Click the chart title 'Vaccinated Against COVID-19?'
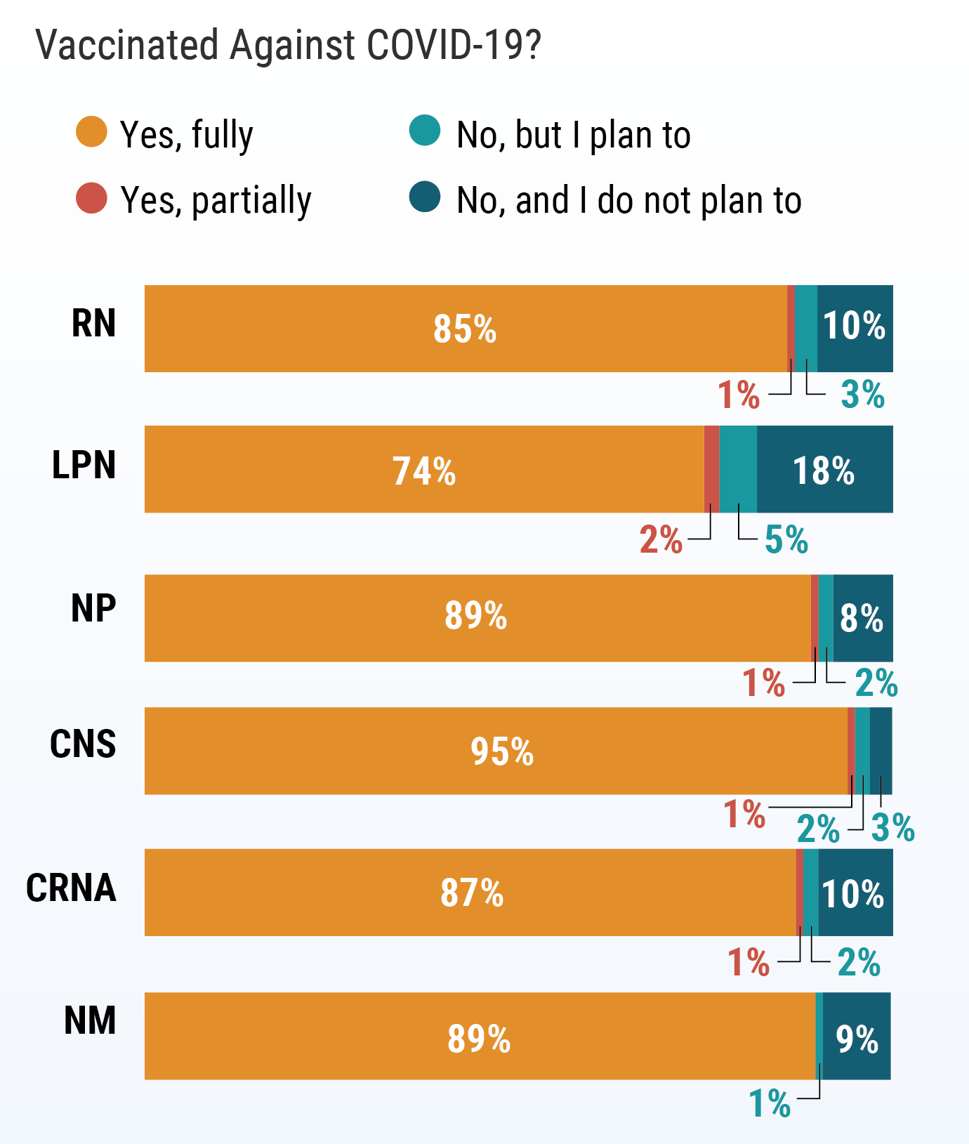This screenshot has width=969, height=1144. click(x=288, y=45)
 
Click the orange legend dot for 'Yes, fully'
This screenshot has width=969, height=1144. click(x=91, y=132)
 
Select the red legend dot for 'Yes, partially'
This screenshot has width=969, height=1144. click(x=91, y=198)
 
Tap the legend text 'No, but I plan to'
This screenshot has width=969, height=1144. click(x=573, y=135)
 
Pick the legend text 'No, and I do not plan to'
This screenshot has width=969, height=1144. click(x=628, y=201)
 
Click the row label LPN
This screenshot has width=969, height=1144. click(x=84, y=466)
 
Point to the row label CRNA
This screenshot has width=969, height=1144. click(x=71, y=888)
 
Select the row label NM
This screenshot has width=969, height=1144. click(x=90, y=1021)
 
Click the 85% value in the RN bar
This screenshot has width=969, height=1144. click(x=464, y=329)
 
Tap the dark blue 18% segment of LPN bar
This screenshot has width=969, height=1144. click(x=824, y=470)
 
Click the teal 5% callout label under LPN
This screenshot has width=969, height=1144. click(x=786, y=539)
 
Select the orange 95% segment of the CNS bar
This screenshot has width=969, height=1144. click(x=501, y=751)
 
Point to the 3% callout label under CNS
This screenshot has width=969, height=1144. click(x=892, y=827)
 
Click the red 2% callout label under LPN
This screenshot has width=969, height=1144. click(x=661, y=539)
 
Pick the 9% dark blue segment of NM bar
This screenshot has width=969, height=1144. click(x=857, y=1037)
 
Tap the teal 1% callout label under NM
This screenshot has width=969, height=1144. click(x=770, y=1103)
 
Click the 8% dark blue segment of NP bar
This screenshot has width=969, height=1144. click(x=862, y=618)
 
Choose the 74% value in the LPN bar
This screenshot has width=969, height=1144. click(x=423, y=471)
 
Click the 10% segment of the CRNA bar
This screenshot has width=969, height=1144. click(x=853, y=893)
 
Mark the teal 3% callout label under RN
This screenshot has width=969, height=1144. click(x=862, y=394)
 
